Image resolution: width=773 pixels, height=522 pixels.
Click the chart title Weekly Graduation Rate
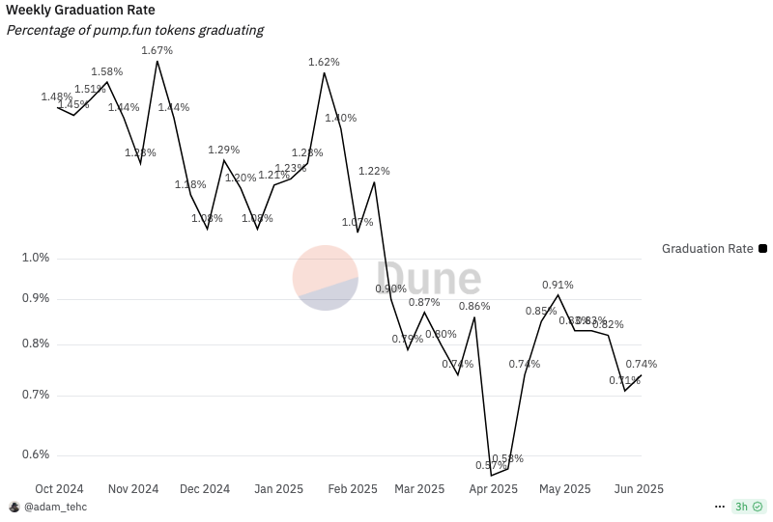tap(80, 10)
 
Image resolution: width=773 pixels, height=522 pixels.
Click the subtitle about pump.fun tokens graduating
tap(135, 30)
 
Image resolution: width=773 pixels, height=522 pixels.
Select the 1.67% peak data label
tap(157, 50)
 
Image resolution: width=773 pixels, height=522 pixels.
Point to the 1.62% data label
tap(324, 62)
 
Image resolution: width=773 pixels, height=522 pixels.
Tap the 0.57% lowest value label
tap(491, 465)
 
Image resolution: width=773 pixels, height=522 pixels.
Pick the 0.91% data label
tap(558, 285)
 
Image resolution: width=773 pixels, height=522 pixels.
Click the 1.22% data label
tap(374, 171)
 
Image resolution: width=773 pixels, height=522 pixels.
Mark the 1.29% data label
tap(224, 150)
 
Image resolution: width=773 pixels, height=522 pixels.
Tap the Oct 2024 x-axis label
tap(60, 489)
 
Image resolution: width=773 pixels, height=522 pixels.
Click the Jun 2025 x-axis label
tap(638, 489)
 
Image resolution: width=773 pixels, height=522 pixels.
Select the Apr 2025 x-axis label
tap(493, 489)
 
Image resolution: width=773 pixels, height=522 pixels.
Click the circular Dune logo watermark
tap(326, 278)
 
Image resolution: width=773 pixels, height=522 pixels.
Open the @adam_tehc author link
tap(55, 507)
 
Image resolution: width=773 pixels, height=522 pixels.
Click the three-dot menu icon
tap(719, 507)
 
